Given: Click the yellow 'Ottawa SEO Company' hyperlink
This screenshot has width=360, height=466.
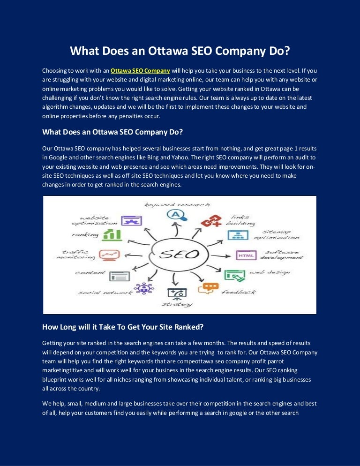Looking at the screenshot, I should tap(140, 71).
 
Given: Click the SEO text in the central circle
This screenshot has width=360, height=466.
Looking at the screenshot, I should tap(179, 255).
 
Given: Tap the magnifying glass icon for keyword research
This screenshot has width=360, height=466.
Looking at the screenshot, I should tap(177, 215).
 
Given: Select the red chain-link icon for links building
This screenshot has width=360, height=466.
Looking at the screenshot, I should tap(210, 220).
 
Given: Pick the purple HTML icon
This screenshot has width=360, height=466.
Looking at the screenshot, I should tap(246, 256).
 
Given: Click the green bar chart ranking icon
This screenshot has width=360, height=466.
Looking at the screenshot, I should tap(112, 234).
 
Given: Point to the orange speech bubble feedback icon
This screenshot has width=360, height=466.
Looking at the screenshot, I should tap(208, 288).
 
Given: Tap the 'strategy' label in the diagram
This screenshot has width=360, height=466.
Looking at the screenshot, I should tap(177, 304).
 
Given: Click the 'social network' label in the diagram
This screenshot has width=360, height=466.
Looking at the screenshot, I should tap(105, 293).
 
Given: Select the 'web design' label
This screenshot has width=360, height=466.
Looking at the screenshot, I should tap(269, 272).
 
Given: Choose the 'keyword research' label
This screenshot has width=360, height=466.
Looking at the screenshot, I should tap(177, 204).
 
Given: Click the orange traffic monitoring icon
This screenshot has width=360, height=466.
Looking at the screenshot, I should tap(109, 255).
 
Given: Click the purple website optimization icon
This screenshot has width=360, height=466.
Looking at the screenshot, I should tap(131, 220).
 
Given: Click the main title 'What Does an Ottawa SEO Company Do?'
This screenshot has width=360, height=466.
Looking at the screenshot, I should tap(180, 50).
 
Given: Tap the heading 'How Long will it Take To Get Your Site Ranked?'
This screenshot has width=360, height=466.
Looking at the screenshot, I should tap(123, 327).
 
